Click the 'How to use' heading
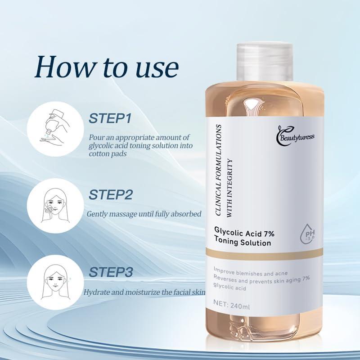[x=107, y=67]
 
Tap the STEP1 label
[x=110, y=119]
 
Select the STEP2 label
[x=111, y=194]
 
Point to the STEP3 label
[x=111, y=272]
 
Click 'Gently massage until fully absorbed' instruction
[x=144, y=214]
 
